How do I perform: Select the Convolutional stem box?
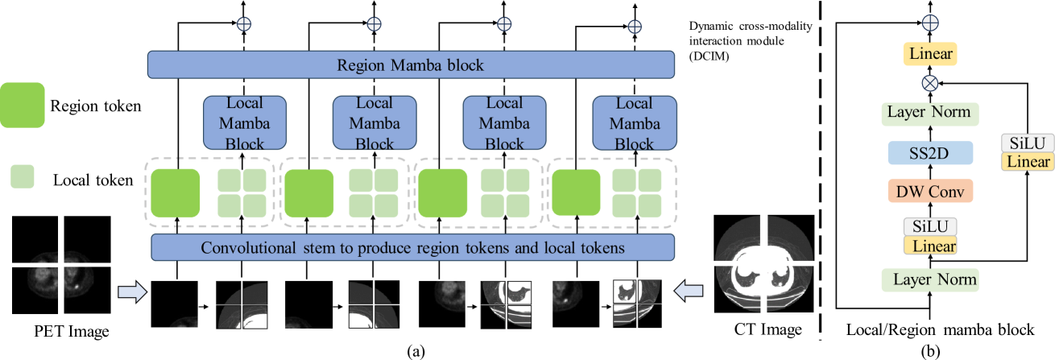(411, 248)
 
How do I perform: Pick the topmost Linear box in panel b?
(932, 55)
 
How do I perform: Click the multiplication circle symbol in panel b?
(932, 82)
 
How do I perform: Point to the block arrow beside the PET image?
(132, 289)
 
